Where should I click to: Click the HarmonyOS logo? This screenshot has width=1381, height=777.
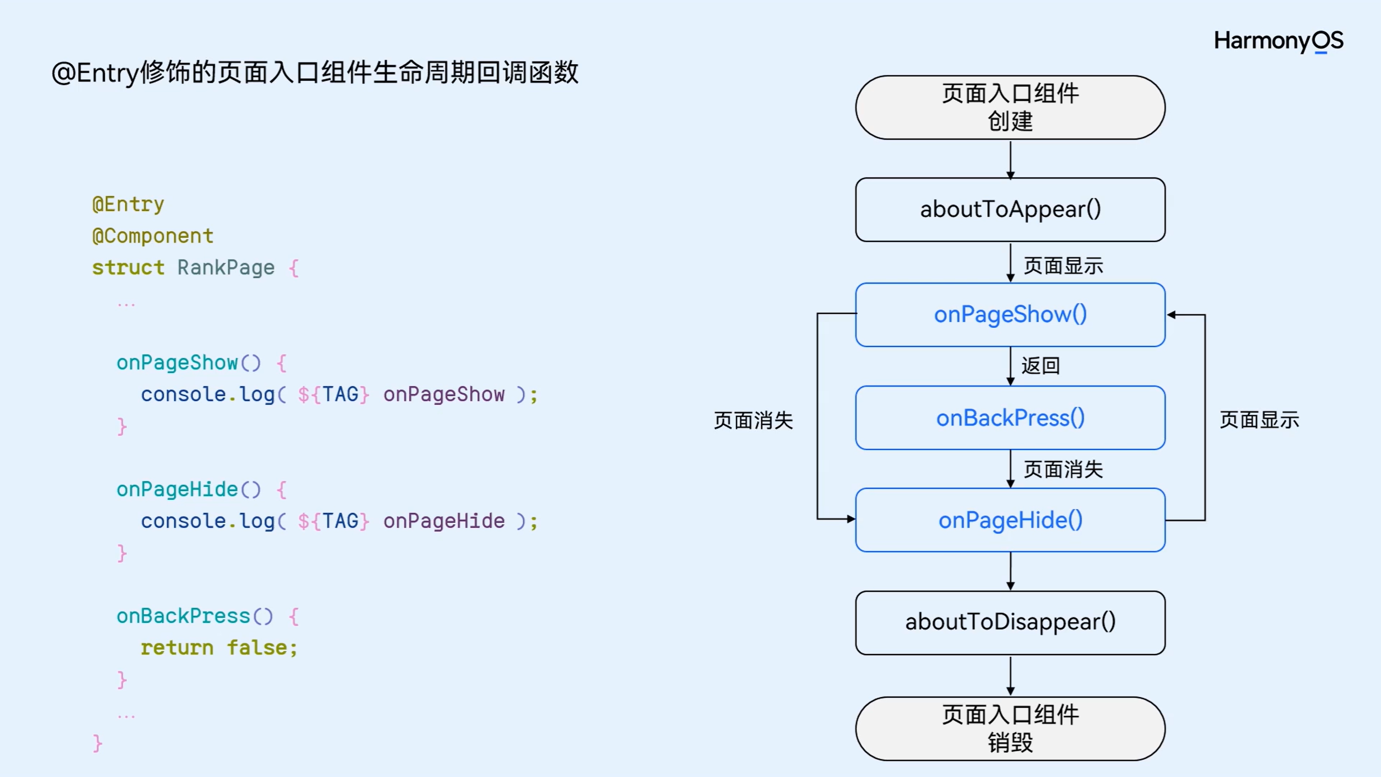1278,41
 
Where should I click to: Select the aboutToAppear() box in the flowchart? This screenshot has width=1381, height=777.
1010,210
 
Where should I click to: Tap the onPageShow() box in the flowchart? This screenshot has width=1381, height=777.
1010,315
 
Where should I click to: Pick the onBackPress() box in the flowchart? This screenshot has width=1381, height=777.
1010,418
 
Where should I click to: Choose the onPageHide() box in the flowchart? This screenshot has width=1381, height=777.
1010,520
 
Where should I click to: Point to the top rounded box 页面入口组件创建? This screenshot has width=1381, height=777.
1010,107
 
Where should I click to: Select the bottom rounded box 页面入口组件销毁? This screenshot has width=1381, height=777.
1010,728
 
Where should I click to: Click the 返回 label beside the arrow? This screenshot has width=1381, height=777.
1040,366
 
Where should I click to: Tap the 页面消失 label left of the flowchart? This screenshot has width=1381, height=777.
753,421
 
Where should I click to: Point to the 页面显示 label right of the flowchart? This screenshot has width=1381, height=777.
1259,420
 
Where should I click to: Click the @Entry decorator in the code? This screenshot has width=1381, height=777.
128,204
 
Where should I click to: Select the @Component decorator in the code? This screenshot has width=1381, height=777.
153,236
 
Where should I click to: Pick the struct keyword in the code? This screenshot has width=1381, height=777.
128,268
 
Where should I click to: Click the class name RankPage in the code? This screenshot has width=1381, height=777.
226,268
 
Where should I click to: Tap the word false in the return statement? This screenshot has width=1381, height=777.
256,648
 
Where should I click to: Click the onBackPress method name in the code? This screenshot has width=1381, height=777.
183,616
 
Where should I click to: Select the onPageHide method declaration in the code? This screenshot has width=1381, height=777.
177,490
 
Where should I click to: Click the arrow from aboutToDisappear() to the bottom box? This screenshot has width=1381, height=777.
1010,676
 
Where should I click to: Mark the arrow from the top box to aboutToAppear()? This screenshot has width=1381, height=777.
1010,159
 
